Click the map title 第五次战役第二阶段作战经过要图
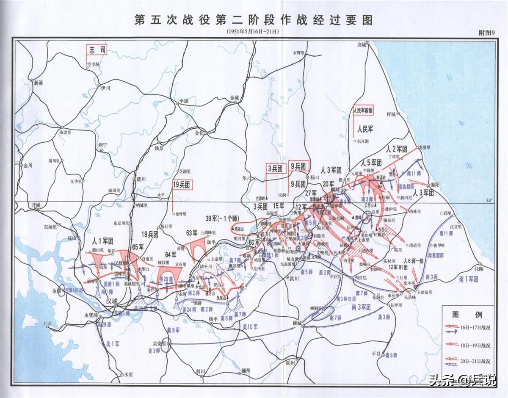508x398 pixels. click(254, 20)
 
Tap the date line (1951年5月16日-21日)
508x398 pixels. click(253, 32)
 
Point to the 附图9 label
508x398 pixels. click(486, 33)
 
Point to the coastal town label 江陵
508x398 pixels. click(479, 269)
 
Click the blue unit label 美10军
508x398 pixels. click(250, 326)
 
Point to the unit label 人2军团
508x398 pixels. click(397, 149)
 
